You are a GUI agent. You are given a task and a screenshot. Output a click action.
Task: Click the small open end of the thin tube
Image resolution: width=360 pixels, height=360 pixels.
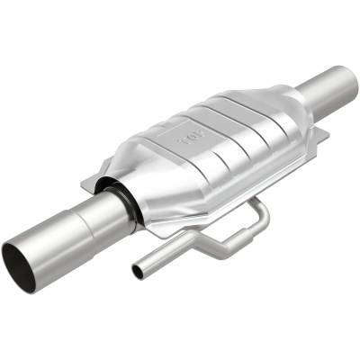pyautogui.click(x=137, y=271)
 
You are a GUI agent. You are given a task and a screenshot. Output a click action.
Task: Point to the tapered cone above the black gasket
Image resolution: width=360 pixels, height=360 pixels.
pyautogui.click(x=148, y=175)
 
